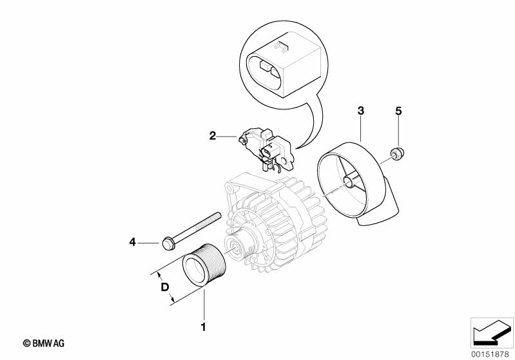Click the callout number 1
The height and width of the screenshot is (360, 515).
click(203, 327)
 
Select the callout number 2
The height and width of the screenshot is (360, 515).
click(213, 135)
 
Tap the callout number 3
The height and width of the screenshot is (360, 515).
click(361, 111)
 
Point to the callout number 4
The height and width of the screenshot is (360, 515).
click(132, 242)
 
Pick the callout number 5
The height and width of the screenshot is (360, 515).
click(398, 111)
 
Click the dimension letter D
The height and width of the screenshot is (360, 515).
click(165, 287)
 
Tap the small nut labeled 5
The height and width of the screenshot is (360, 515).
click(397, 153)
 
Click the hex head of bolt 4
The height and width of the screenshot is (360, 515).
click(168, 243)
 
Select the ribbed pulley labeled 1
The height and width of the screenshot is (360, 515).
click(204, 265)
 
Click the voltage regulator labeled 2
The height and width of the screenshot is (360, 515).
click(266, 150)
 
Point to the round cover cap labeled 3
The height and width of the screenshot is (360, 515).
click(358, 184)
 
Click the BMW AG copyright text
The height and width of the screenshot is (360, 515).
click(44, 343)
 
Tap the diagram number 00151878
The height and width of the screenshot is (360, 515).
click(491, 354)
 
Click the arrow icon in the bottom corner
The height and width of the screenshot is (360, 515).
click(492, 333)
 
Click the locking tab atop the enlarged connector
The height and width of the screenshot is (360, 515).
click(282, 47)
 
